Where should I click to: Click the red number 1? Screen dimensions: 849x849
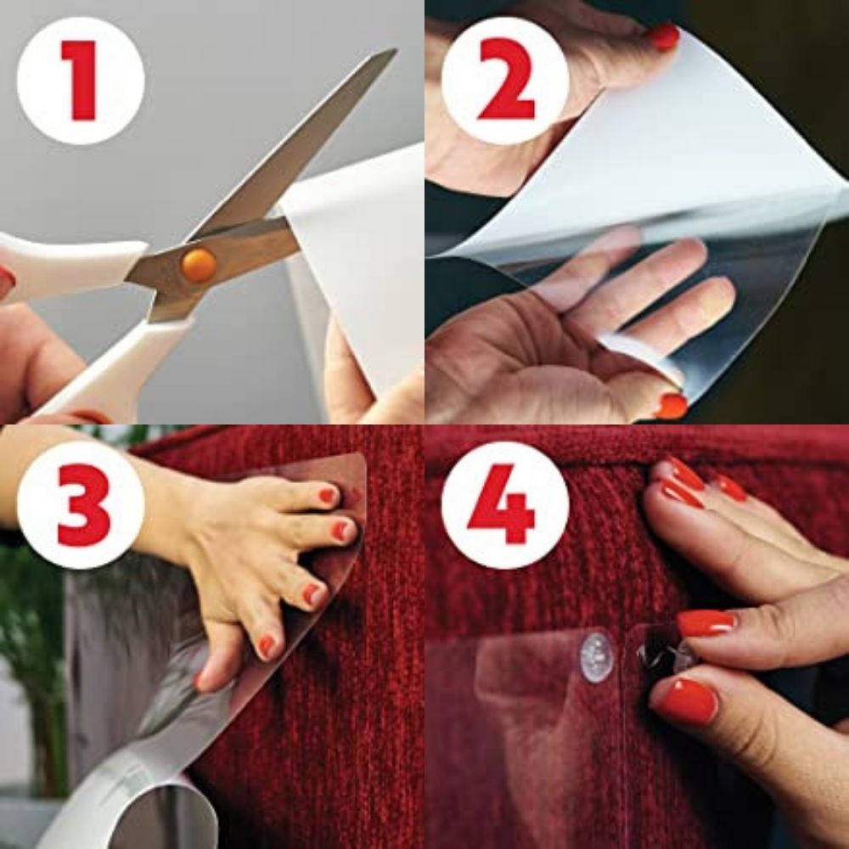coord(82,81)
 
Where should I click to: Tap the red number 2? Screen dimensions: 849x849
coord(507,81)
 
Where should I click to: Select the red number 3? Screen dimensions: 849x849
coord(82,505)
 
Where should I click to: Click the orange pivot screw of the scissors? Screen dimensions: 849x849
coord(198,266)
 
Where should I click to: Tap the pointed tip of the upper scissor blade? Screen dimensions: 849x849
coord(393,53)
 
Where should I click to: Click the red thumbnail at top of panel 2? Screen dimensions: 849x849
coord(664,37)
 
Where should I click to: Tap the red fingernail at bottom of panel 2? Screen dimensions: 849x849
coord(672,406)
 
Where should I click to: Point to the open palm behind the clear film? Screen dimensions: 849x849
coord(543,340)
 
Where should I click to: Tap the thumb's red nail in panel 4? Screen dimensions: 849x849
coord(686,701)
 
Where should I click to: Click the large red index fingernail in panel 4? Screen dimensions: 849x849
coord(706,623)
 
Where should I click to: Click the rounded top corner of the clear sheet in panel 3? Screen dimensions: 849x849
coord(357,463)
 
